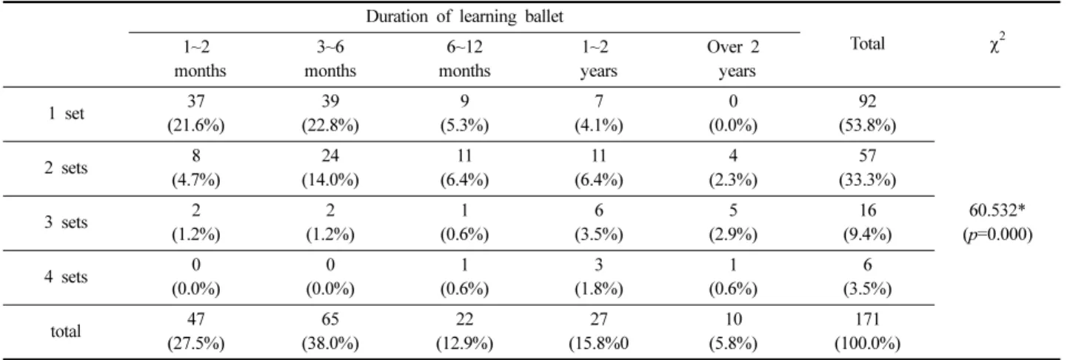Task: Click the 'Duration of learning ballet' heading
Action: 464,17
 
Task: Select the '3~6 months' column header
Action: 330,59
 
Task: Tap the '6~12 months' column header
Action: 464,59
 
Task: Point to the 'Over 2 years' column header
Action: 733,59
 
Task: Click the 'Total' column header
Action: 867,44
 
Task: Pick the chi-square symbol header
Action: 997,43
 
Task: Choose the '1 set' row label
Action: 66,114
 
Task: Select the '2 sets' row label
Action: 66,168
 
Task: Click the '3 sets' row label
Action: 66,223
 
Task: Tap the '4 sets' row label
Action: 66,277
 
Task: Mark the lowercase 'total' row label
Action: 65,331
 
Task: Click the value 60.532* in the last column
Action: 997,210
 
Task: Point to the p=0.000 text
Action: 997,234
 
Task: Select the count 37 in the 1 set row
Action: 195,101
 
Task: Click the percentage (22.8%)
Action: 330,125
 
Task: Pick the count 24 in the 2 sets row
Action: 330,156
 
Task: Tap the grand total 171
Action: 867,319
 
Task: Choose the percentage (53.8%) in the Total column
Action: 867,125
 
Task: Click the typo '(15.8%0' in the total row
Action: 598,343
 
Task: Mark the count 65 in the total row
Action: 330,319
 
